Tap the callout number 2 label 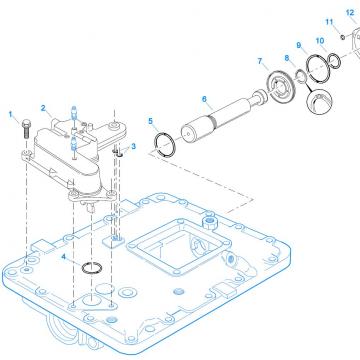(43, 106)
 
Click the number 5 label (150, 122)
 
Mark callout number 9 (299, 47)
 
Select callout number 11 (329, 20)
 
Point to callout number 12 (350, 12)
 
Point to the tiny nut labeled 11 (340, 36)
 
